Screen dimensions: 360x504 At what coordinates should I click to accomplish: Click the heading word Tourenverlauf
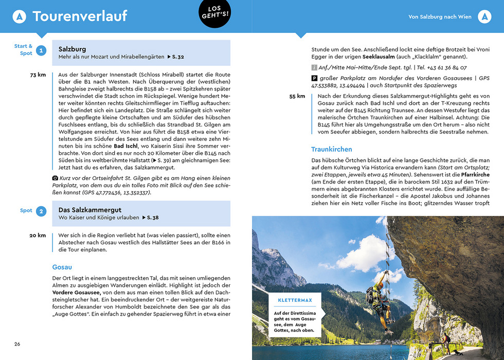[80, 16]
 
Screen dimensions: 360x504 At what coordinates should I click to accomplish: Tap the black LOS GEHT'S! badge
[214, 12]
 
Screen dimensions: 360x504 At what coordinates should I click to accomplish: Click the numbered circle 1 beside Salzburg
[41, 50]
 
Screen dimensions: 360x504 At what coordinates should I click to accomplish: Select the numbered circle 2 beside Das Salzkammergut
[41, 211]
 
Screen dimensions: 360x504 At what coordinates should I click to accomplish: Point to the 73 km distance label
[38, 75]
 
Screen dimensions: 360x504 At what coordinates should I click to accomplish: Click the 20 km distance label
[38, 236]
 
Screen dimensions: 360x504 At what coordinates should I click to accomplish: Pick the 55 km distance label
[297, 96]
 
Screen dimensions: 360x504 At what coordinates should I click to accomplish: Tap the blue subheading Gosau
[62, 267]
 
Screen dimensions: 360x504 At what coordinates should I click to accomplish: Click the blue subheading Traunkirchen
[332, 150]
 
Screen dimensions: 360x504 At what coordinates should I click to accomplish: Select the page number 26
[17, 344]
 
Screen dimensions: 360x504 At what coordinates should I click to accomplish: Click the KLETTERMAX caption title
[295, 300]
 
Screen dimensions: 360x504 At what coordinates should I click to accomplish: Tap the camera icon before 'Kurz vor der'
[55, 178]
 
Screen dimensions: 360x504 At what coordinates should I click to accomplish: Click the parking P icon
[314, 79]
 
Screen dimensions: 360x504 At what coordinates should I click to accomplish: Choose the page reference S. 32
[175, 57]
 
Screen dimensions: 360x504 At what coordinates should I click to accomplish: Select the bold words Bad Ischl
[126, 146]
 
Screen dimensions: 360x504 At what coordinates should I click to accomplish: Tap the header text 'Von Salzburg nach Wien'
[440, 17]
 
